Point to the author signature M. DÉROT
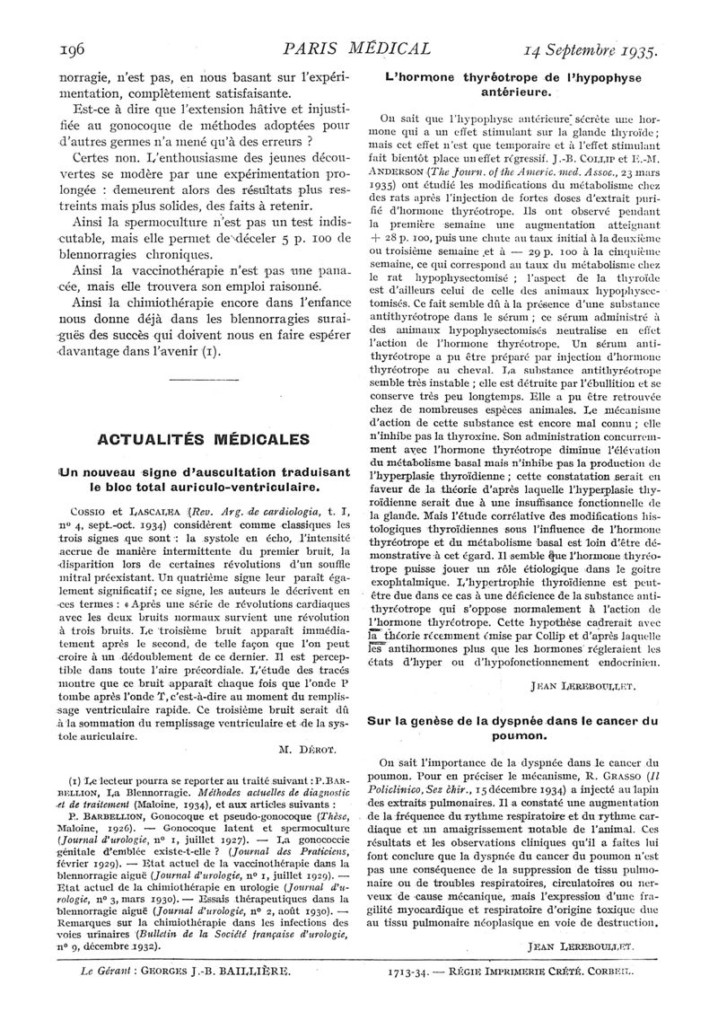(x=310, y=747)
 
